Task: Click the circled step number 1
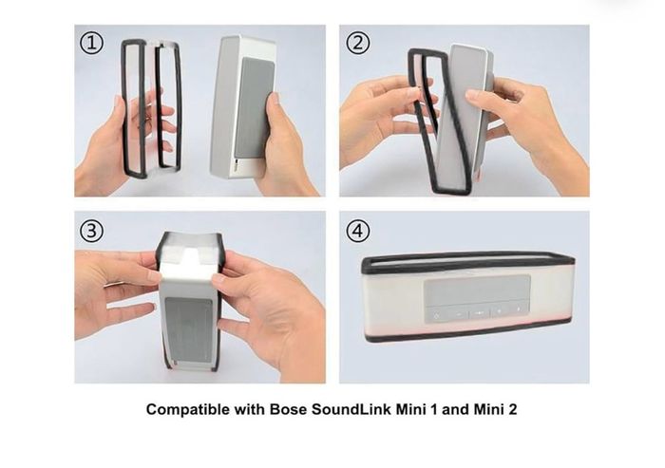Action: [91, 44]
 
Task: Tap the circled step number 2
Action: [358, 43]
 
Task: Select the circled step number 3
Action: [91, 231]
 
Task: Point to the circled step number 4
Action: [358, 231]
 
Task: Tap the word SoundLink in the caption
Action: [351, 409]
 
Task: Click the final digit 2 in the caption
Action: [513, 409]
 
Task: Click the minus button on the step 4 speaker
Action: [459, 314]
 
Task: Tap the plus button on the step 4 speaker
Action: [499, 311]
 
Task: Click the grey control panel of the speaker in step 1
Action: [255, 107]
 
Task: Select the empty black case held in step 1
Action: [151, 108]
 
